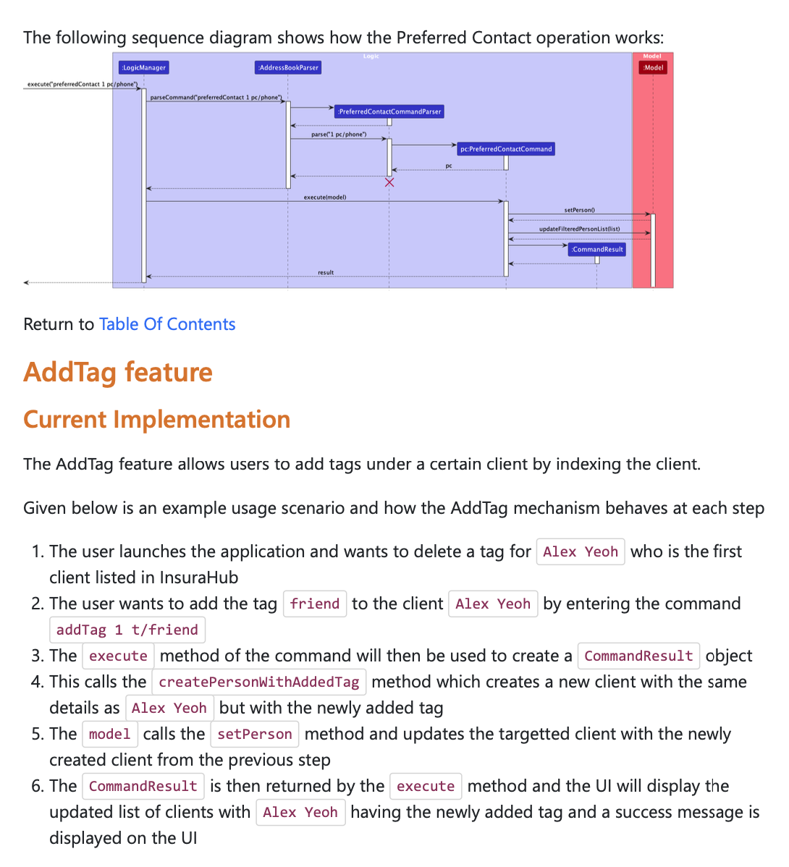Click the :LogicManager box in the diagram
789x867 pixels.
coord(143,67)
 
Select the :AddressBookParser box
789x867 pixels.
coord(288,67)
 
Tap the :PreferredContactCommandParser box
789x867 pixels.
coord(389,111)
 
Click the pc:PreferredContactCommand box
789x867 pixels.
coord(506,149)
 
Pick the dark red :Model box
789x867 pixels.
coord(653,67)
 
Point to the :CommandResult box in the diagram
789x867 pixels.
coord(597,249)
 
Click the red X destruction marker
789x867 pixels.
coord(389,182)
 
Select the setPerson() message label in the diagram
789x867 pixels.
coord(579,210)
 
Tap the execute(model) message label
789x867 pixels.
coord(325,197)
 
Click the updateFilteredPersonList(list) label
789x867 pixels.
coord(579,229)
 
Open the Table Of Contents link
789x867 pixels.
coord(167,324)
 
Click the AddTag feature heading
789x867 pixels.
coord(118,372)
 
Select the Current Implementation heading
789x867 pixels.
coord(156,420)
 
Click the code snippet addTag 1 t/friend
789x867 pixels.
coord(127,630)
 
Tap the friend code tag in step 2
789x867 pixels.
coord(315,604)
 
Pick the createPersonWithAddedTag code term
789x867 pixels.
coord(259,682)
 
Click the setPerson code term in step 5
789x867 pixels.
coord(255,734)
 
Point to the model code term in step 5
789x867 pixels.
coord(109,734)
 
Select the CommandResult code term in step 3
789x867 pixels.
coord(638,656)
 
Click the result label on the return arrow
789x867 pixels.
coord(326,272)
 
